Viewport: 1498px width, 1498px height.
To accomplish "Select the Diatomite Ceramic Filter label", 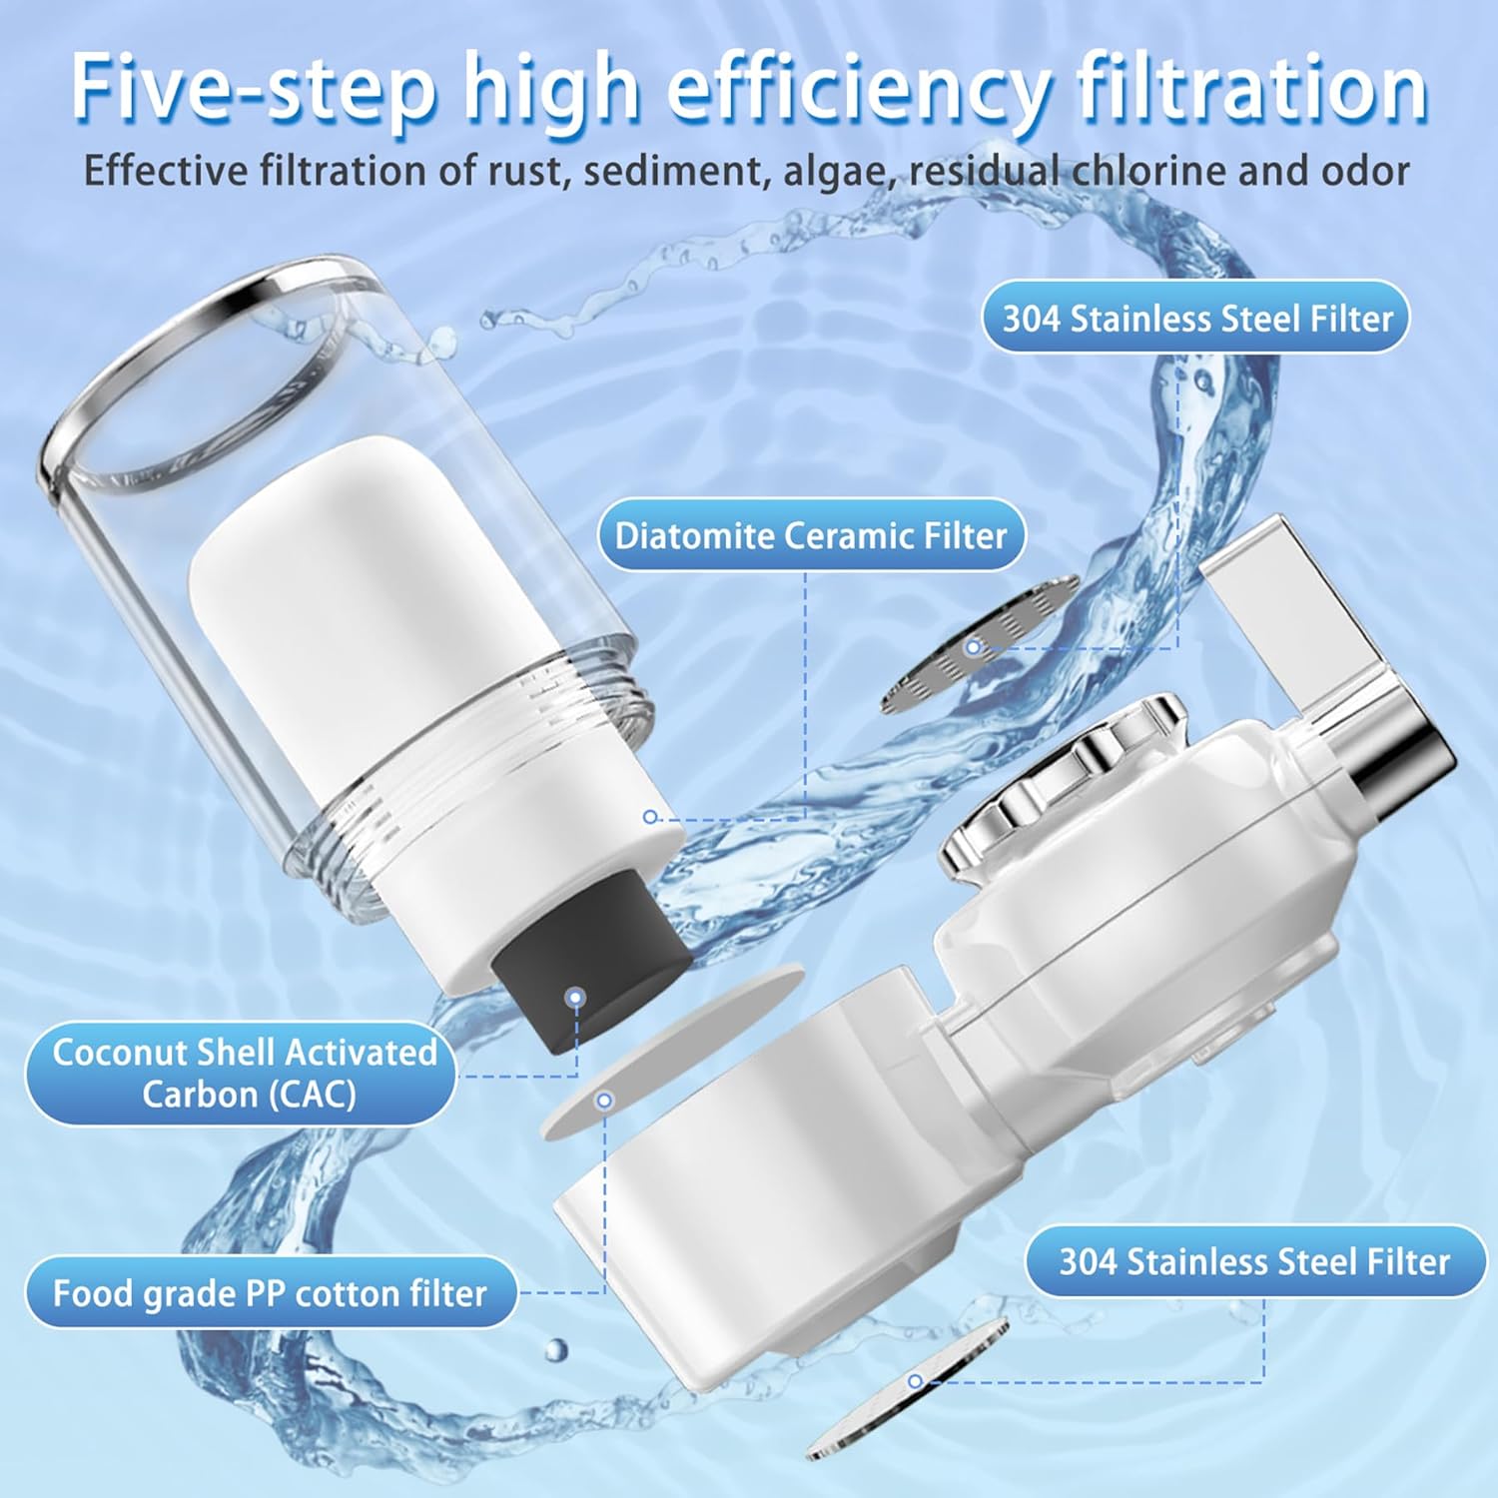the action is [811, 535].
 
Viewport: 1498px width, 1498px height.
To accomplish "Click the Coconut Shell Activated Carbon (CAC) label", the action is [241, 1073].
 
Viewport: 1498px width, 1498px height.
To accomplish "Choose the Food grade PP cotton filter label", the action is [271, 1293].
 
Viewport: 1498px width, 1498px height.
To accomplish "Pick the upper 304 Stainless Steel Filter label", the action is [1196, 318].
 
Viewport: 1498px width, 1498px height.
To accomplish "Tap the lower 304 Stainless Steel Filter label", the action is [1254, 1261].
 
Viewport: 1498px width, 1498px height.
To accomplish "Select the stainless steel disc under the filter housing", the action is [907, 1389].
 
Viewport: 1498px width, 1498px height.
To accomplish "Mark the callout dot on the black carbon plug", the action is [574, 997].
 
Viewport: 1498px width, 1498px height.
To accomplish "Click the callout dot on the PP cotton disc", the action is [603, 1101].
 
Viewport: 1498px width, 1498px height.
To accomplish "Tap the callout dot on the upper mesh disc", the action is [973, 647].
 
